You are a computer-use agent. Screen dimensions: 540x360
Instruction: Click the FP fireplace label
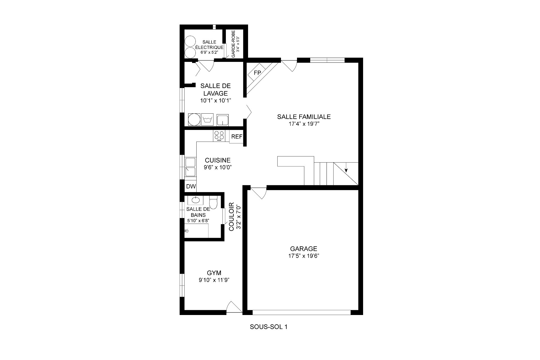[x=257, y=73]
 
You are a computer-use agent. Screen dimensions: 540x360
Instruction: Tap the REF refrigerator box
[x=237, y=137]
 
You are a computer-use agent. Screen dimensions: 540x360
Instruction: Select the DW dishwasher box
[x=191, y=186]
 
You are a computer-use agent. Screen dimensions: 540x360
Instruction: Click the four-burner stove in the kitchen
[x=219, y=136]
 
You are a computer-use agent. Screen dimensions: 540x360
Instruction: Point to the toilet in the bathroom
[x=213, y=202]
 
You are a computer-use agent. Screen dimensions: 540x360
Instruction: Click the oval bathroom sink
[x=195, y=200]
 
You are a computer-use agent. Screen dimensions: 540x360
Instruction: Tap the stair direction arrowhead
[x=346, y=170]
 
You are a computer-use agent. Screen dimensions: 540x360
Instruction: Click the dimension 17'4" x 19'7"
[x=303, y=124]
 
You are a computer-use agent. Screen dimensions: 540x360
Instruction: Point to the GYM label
[x=214, y=273]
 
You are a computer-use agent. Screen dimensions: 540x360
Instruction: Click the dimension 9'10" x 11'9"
[x=214, y=280]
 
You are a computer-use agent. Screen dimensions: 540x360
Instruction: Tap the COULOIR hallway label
[x=231, y=217]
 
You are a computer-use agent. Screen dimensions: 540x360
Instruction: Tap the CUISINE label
[x=218, y=160]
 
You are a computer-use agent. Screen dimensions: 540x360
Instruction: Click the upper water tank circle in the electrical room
[x=190, y=41]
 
